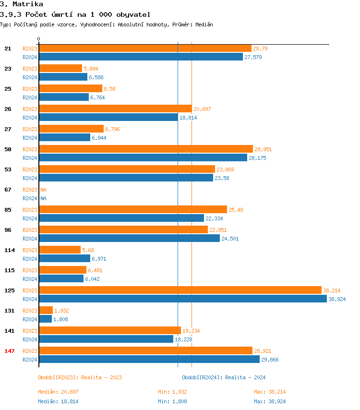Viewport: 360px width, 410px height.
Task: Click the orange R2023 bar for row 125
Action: point(180,290)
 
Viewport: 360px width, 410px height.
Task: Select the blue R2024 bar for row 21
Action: point(141,57)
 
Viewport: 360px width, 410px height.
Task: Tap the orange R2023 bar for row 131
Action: point(46,310)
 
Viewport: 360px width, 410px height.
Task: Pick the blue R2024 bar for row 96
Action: point(129,238)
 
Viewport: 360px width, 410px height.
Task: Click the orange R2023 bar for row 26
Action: point(115,109)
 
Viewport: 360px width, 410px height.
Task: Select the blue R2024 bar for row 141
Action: point(106,339)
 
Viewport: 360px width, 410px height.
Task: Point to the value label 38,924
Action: point(337,299)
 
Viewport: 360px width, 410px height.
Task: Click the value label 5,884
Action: point(91,69)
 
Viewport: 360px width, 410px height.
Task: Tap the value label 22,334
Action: point(214,218)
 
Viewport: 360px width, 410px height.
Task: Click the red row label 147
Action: point(10,351)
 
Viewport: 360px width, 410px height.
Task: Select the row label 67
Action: point(8,190)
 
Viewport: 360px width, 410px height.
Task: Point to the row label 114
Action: point(10,250)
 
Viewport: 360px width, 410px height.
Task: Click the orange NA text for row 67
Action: point(43,190)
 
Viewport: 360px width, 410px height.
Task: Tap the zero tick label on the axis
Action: point(39,39)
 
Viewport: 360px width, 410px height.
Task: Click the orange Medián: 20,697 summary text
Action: point(58,392)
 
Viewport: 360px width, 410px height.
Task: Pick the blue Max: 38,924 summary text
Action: point(270,401)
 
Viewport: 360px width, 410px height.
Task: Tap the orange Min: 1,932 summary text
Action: point(172,392)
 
